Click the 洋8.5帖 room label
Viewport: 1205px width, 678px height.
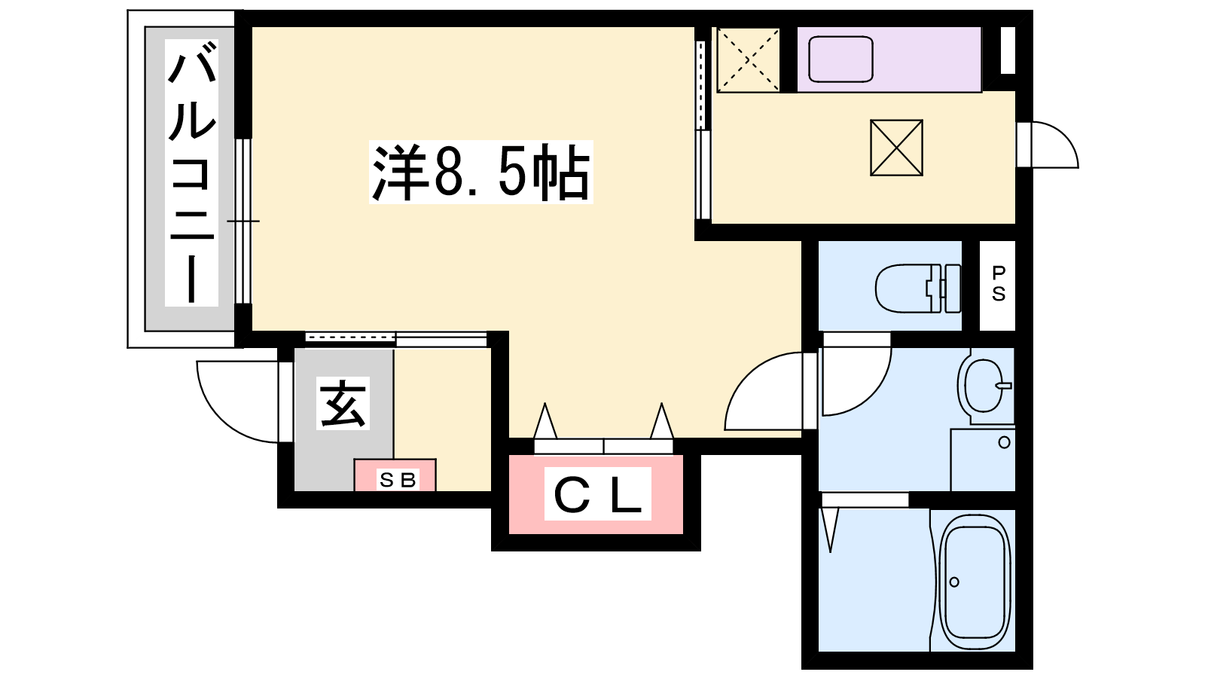(481, 173)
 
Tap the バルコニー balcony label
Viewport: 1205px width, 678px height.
(191, 173)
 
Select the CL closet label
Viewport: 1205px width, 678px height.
(598, 494)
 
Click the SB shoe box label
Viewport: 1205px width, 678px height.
(398, 479)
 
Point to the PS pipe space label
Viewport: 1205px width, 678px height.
(999, 284)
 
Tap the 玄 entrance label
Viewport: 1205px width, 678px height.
(343, 403)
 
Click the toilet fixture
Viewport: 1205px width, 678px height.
(918, 288)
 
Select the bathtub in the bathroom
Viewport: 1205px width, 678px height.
(975, 583)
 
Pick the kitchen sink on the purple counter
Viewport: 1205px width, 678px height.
(840, 60)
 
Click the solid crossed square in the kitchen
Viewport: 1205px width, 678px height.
(896, 148)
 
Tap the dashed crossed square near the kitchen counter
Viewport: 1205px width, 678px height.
(749, 60)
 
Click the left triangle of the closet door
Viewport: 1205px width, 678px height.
(545, 420)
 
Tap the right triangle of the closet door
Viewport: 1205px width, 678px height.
(662, 420)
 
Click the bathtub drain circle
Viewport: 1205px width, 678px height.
(954, 582)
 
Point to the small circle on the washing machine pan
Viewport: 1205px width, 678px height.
(1004, 443)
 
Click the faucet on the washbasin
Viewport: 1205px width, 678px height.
(1004, 385)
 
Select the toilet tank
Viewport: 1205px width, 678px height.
(953, 288)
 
